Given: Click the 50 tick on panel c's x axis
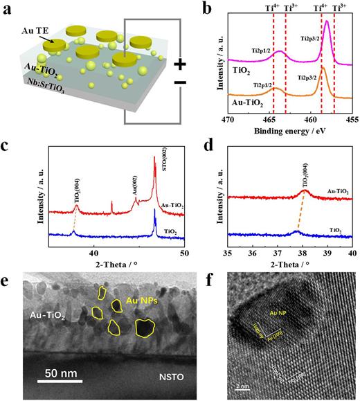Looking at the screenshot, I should [x=184, y=253].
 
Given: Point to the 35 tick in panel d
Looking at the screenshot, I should [x=228, y=253].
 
